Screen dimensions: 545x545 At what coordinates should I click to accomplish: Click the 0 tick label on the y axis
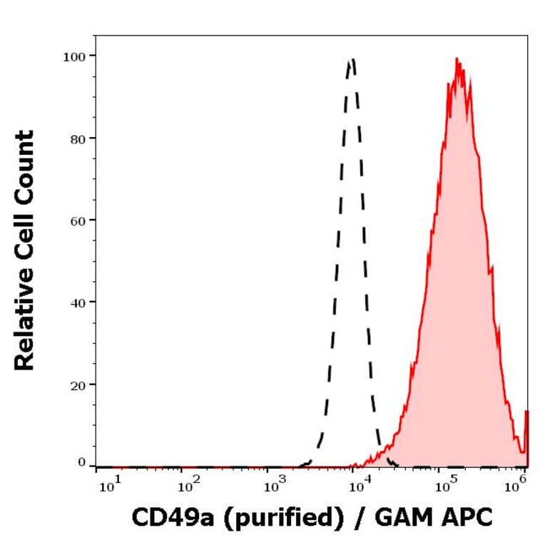(x=82, y=462)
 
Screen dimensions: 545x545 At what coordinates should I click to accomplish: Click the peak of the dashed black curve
(x=351, y=60)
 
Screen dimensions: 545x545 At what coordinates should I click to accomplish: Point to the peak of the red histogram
(x=457, y=60)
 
